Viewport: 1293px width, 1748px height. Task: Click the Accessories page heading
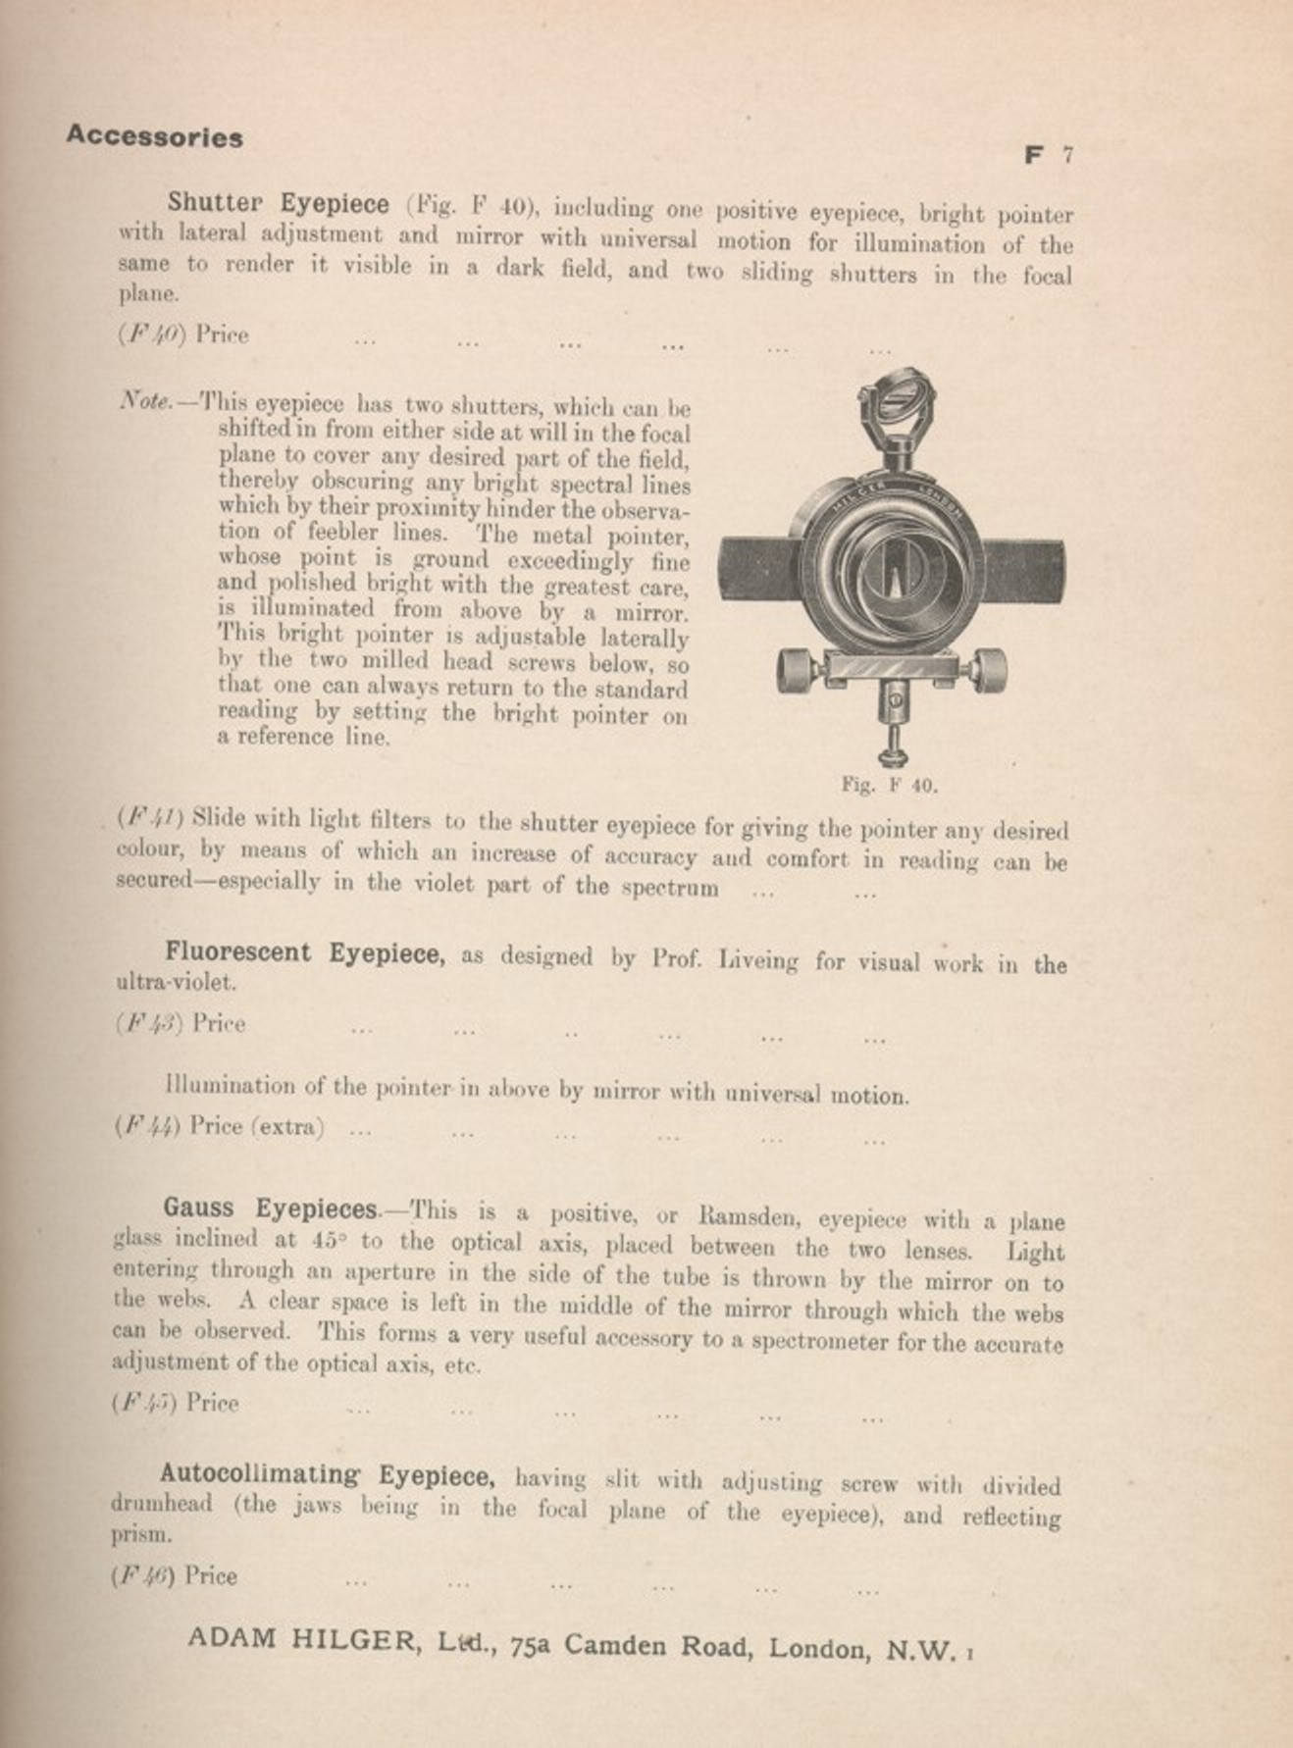point(154,136)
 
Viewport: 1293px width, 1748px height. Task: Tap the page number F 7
point(1049,155)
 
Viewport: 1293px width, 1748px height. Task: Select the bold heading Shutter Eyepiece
point(278,204)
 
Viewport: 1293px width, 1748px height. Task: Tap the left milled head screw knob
point(797,670)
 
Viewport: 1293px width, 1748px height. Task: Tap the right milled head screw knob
point(988,669)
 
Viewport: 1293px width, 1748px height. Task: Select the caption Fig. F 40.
point(889,786)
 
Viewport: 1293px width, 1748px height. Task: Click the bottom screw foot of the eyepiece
point(892,754)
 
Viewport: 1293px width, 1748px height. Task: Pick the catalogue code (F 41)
point(150,817)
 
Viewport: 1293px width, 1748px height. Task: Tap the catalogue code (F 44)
point(147,1126)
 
